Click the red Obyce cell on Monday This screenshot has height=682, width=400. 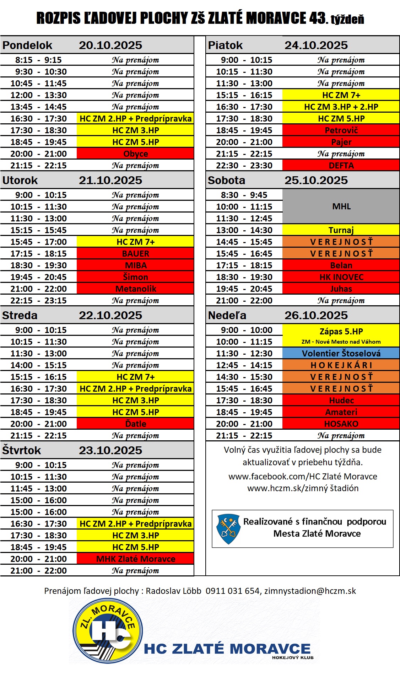135,154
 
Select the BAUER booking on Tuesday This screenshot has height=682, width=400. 135,254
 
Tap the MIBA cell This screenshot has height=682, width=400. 135,265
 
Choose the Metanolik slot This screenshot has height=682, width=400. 135,289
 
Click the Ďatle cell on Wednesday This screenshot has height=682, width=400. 135,424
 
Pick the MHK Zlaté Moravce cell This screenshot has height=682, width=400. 135,559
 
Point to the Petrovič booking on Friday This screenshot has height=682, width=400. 341,130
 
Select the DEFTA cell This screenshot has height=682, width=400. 341,166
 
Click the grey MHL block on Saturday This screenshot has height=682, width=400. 341,206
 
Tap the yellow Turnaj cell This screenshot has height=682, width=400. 341,230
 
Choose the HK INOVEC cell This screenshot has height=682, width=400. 341,277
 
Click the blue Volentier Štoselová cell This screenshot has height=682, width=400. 341,353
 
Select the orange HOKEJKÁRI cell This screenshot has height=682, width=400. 341,365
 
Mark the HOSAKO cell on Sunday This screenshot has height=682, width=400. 341,424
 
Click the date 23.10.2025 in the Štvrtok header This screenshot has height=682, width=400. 110,450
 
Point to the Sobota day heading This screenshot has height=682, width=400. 227,180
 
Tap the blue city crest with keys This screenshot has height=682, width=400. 228,529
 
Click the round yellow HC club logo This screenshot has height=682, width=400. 107,631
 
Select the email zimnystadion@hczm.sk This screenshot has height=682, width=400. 310,591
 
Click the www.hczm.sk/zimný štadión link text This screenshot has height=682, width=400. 303,488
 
